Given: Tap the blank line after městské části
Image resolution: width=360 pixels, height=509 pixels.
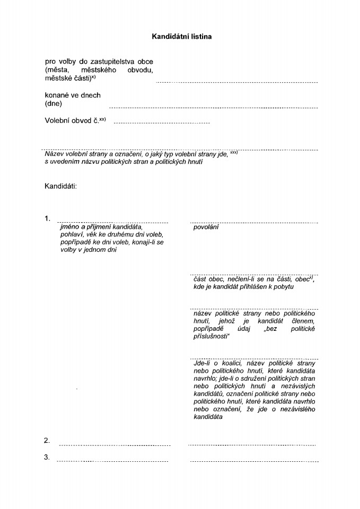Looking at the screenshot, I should coord(236,83).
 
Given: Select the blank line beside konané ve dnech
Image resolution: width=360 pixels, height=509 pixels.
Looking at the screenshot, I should coord(213,107).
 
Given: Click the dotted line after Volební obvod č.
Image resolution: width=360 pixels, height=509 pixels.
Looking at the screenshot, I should coord(162,123).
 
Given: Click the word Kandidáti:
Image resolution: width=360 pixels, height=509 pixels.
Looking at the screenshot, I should coord(61,186).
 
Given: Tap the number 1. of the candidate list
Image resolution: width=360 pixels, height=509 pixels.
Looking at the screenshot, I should coord(48,218).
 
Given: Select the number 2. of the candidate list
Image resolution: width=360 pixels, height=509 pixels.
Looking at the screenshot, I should coord(47,441).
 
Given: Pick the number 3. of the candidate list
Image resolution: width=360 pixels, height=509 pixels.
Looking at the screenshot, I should coord(47,457).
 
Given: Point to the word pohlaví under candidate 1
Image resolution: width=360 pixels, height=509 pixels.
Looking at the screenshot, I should coord(72,234).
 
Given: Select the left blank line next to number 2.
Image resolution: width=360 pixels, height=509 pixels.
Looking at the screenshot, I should coord(114,445).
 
